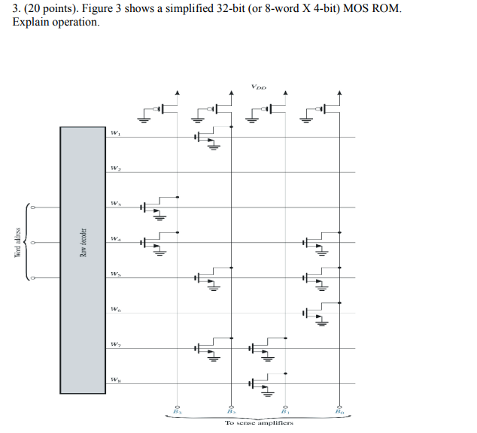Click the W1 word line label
(115, 133)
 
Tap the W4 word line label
(115, 239)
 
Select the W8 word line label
(115, 379)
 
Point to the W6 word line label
(115, 309)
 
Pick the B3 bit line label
(178, 411)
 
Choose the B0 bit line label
(340, 411)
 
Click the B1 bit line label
(285, 411)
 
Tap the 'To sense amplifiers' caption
(259, 422)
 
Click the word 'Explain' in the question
(31, 23)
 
